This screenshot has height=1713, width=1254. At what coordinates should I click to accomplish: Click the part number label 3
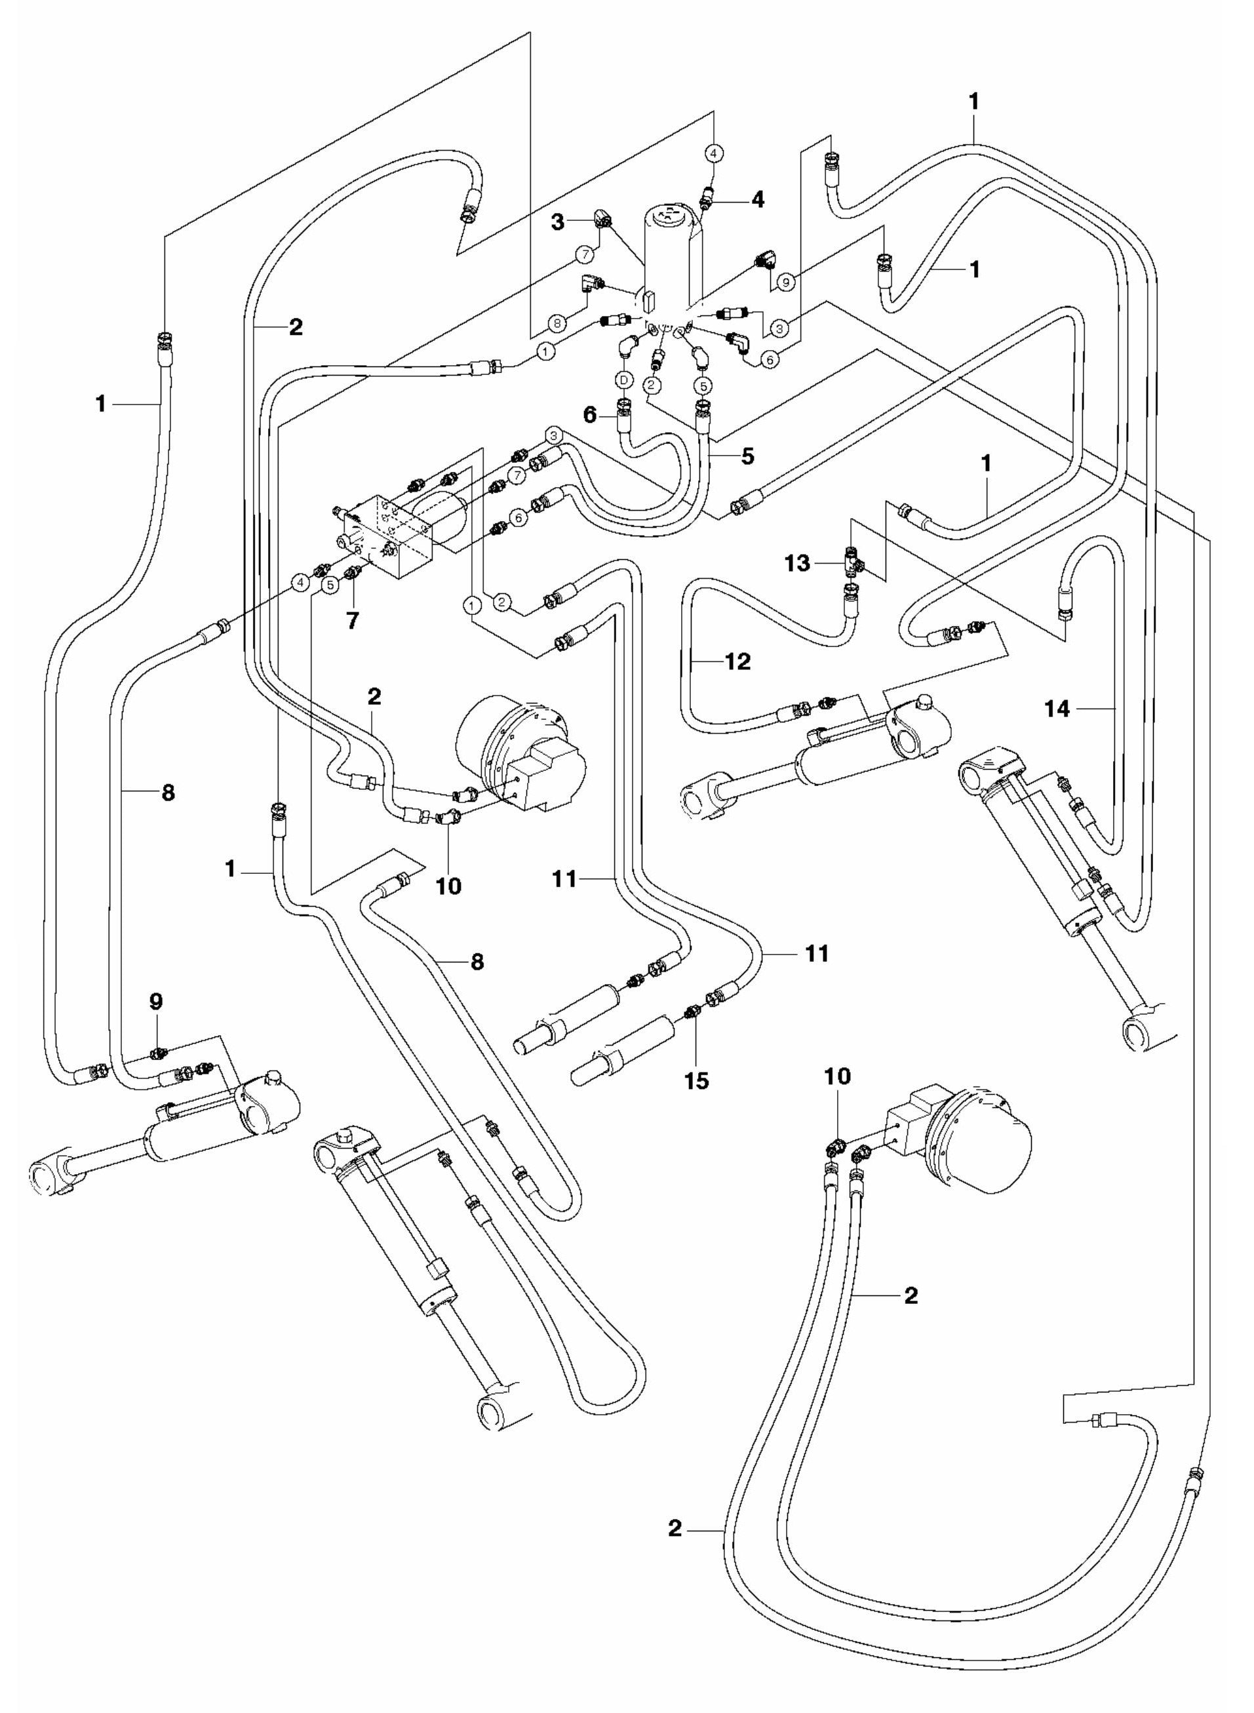pyautogui.click(x=578, y=222)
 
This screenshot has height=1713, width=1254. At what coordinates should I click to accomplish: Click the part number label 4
pyautogui.click(x=757, y=201)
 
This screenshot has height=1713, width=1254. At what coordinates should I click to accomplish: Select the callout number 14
pyautogui.click(x=1057, y=709)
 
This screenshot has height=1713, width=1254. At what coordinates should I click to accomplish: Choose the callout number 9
pyautogui.click(x=157, y=1002)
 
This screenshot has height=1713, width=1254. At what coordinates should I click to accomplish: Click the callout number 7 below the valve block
pyautogui.click(x=352, y=620)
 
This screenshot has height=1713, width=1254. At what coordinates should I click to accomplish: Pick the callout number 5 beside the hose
pyautogui.click(x=748, y=456)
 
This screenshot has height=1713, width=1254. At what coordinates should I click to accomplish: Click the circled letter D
pyautogui.click(x=623, y=378)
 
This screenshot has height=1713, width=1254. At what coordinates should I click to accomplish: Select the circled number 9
pyautogui.click(x=787, y=282)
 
